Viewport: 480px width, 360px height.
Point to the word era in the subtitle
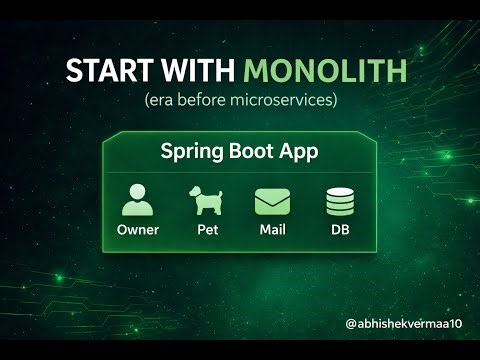click(x=160, y=101)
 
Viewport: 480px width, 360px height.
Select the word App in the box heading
click(x=301, y=152)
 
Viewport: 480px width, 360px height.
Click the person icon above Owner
click(x=138, y=201)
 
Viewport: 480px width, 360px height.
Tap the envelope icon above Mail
click(x=272, y=202)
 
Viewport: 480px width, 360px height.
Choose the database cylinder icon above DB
click(x=340, y=202)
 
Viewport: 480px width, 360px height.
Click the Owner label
click(x=138, y=229)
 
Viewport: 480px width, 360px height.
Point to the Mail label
click(x=272, y=229)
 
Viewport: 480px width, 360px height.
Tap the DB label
click(x=340, y=229)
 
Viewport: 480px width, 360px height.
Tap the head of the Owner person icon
click(x=138, y=193)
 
